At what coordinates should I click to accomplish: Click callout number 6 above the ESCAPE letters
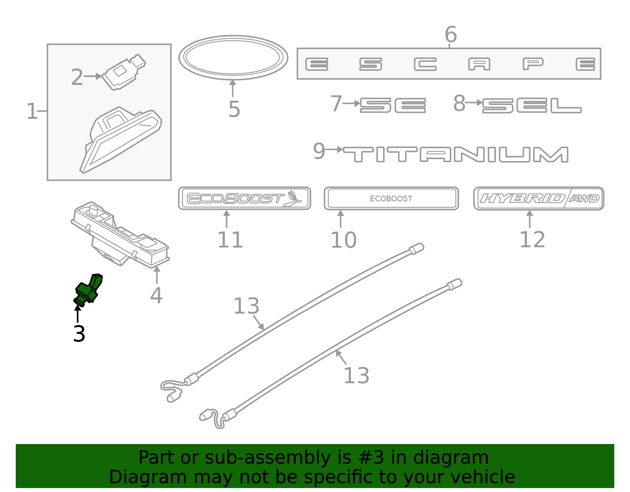[x=450, y=35]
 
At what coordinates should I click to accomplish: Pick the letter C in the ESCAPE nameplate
[x=425, y=64]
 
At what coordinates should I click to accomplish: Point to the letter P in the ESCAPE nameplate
[x=533, y=64]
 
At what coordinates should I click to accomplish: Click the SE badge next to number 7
[x=393, y=106]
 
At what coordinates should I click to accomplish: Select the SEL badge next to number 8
[x=532, y=106]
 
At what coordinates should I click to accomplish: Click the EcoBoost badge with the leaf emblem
[x=244, y=198]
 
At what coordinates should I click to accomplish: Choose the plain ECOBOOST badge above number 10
[x=391, y=198]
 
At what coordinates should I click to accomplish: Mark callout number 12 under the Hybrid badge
[x=532, y=240]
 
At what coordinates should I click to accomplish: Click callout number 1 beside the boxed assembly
[x=31, y=111]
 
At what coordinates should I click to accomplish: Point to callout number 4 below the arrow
[x=156, y=295]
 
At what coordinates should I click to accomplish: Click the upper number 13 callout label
[x=246, y=306]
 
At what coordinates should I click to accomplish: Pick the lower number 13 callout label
[x=356, y=375]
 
